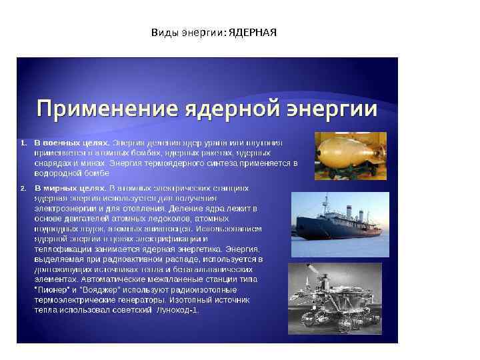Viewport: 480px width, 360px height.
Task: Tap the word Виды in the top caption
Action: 161,32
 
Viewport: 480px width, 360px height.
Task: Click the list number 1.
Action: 23,143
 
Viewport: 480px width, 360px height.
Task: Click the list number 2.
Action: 23,188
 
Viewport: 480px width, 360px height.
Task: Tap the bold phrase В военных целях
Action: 71,143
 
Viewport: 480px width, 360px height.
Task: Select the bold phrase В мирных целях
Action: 69,188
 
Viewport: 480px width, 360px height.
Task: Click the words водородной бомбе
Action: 63,173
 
